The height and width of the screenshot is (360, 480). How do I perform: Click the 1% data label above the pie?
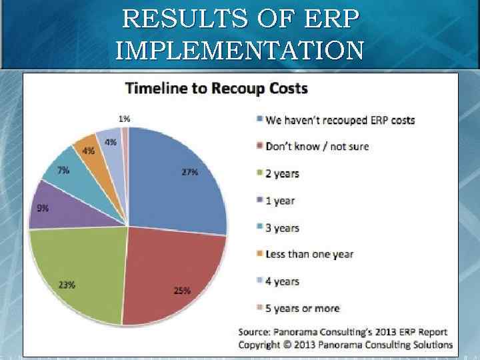tap(124, 118)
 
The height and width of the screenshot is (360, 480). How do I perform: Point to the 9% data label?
tap(42, 207)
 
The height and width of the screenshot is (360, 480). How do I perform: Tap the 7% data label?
tap(63, 170)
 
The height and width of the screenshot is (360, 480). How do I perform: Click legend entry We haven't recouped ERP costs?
tap(339, 120)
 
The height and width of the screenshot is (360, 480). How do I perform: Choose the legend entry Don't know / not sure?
tap(317, 147)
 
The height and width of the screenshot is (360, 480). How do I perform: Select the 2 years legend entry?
tap(282, 174)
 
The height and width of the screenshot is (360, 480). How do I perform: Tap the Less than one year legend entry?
tap(309, 254)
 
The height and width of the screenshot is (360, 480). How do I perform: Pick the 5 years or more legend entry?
tap(302, 308)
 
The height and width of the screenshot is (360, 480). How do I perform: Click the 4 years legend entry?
tap(282, 281)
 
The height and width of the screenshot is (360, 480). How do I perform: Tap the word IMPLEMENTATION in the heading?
tap(240, 50)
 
